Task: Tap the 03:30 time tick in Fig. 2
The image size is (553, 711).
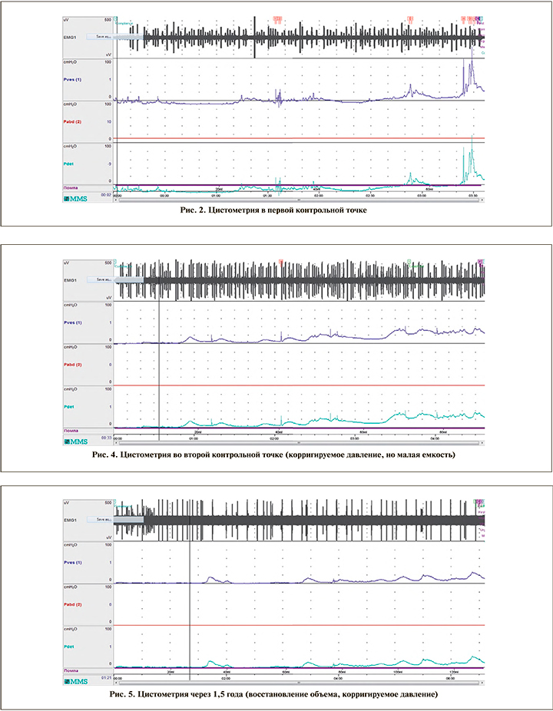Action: [473, 196]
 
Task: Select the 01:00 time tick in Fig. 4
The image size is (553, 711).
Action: [192, 439]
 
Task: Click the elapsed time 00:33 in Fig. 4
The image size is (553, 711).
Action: [106, 437]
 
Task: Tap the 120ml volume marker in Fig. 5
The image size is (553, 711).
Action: [453, 672]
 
